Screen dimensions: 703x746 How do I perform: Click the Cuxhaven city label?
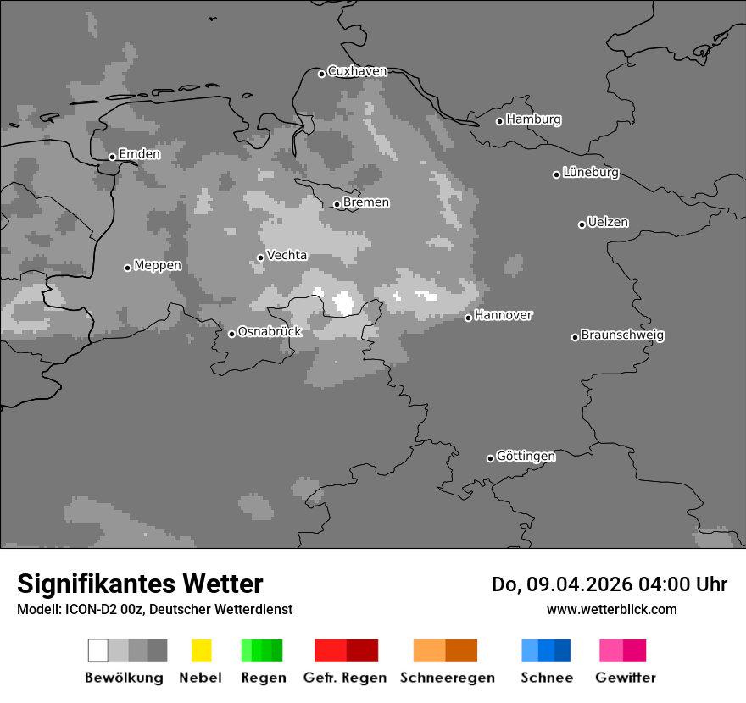pos(357,72)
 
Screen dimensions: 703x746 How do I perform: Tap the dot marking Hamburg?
pos(500,121)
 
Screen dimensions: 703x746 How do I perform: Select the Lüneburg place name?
pos(591,173)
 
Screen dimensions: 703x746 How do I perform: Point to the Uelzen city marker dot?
pos(582,224)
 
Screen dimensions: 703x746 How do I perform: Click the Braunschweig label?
pos(622,335)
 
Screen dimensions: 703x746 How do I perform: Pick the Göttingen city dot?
pos(490,458)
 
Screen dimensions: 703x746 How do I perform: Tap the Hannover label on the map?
pos(504,315)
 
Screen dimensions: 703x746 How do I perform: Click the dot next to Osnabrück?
pos(231,334)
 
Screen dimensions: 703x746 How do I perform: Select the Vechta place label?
pos(287,256)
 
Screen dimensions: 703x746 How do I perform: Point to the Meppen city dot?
pos(127,268)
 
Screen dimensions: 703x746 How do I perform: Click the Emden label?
pos(139,154)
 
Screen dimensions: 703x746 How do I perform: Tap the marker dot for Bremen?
pos(337,204)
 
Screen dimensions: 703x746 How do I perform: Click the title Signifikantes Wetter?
pos(140,584)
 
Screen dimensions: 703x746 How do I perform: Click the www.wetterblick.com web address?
pos(611,610)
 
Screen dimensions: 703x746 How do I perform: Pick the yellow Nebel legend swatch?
pos(201,650)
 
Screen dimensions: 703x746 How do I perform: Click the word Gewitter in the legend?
pos(626,678)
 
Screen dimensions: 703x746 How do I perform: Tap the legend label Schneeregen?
pos(448,678)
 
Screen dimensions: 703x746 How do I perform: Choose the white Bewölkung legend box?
pos(97,650)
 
